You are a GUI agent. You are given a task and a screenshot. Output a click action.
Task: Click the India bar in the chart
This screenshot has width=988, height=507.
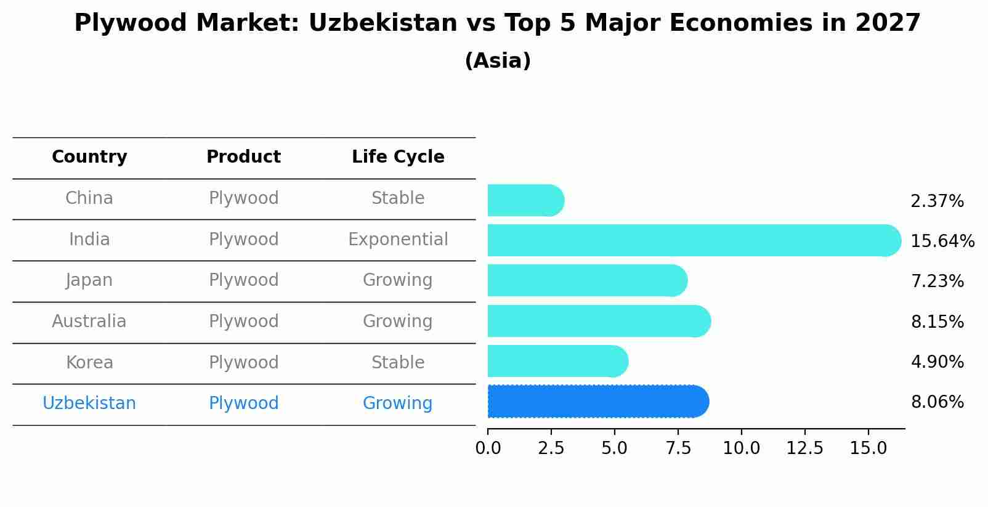click(x=690, y=240)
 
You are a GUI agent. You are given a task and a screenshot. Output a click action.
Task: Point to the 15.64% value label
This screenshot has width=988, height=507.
click(x=942, y=241)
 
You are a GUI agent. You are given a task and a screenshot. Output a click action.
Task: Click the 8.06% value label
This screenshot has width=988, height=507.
click(x=937, y=402)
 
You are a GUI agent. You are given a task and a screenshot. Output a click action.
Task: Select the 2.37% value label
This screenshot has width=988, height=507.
click(x=937, y=201)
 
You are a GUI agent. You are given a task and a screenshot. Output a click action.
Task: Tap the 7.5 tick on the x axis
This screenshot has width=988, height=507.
click(x=678, y=448)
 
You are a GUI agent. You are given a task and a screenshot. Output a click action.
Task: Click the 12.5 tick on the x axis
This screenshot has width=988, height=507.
click(x=804, y=448)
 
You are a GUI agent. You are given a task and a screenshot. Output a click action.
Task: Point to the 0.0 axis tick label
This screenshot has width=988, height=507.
click(x=488, y=448)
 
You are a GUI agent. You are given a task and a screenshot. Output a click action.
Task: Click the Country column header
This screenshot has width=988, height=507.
click(x=89, y=157)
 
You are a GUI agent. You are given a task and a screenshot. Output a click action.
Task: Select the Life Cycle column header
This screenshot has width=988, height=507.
click(x=398, y=157)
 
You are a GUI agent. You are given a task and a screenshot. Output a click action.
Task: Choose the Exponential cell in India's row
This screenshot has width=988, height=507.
click(x=398, y=239)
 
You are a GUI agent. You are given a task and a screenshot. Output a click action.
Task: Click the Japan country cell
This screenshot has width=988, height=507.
click(x=89, y=280)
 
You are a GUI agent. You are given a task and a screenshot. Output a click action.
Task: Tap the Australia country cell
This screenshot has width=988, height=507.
click(x=89, y=321)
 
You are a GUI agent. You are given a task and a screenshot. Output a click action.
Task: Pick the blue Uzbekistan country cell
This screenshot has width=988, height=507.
click(x=89, y=404)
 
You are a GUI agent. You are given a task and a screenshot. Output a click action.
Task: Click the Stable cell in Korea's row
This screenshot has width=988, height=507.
click(x=398, y=362)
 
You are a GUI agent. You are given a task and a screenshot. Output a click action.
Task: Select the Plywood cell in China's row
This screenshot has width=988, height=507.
click(x=243, y=198)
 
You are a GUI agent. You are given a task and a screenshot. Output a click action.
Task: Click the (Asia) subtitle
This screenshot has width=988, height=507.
click(x=498, y=61)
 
